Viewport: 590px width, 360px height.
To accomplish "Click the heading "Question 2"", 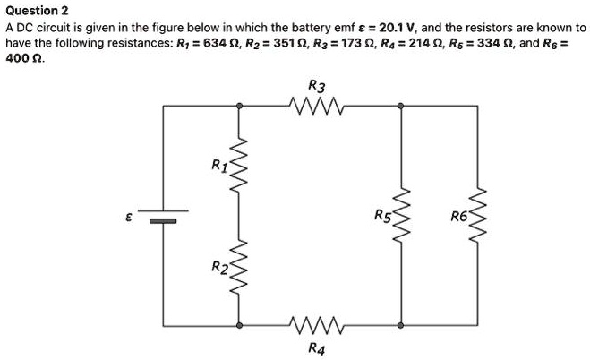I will (37, 11).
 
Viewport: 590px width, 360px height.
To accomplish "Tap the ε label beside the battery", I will (131, 217).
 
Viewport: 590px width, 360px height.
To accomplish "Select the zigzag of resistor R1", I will (239, 166).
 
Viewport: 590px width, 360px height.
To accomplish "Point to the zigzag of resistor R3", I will (316, 106).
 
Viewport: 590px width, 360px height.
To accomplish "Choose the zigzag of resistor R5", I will (402, 215).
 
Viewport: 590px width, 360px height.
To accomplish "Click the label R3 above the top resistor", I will (316, 85).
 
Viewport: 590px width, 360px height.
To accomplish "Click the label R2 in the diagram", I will (218, 267).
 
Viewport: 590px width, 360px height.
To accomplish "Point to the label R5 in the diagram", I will (382, 215).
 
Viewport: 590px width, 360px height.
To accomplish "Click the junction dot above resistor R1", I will (239, 106).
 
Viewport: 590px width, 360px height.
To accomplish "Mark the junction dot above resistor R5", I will (402, 106).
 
